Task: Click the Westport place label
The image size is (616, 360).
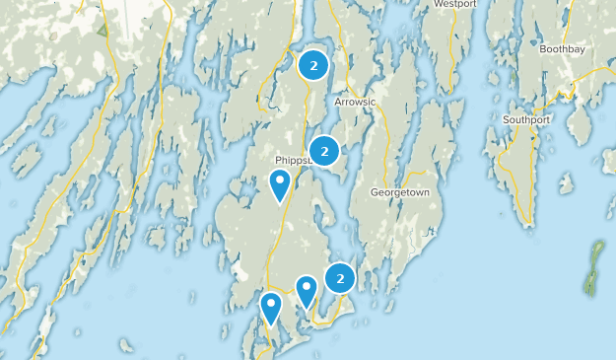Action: coord(455,4)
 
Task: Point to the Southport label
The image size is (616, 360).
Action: coord(526,119)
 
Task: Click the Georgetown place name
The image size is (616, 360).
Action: coord(399,192)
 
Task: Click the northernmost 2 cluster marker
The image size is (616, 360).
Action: coord(313,66)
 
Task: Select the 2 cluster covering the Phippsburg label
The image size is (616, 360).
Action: coord(324,151)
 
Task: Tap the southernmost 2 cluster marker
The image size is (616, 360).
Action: coord(340,279)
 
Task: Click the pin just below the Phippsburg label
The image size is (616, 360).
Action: coord(281,183)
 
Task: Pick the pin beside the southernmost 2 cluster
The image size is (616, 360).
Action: coord(307,290)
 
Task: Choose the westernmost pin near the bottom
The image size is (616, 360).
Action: coord(271,307)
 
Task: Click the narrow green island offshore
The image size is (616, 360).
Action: coord(594,269)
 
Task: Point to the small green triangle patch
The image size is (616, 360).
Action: coord(103,29)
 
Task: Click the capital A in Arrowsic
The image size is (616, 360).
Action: coord(337,101)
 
